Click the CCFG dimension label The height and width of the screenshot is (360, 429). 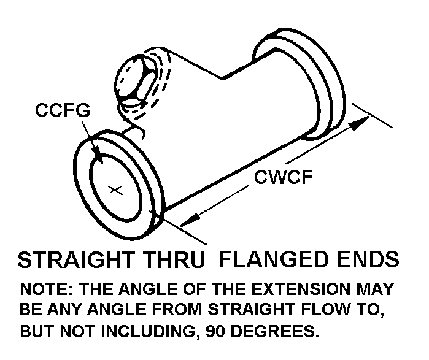[x=63, y=111]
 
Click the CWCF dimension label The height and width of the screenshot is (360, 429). [x=284, y=178]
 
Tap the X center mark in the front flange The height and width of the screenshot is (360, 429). [x=114, y=190]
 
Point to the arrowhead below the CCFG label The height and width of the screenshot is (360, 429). [x=96, y=158]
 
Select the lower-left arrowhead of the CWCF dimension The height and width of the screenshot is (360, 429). [x=190, y=219]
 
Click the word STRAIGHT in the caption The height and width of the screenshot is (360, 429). [x=75, y=260]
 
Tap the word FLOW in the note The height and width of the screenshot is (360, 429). [x=319, y=310]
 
